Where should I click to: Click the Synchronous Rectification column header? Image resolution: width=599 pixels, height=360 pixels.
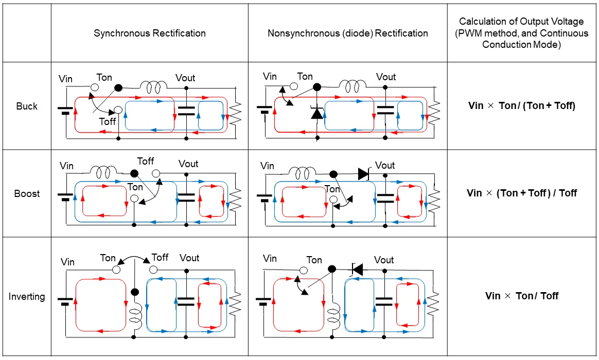pyautogui.click(x=150, y=33)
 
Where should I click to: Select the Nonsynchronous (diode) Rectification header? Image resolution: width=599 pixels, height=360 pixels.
pyautogui.click(x=347, y=33)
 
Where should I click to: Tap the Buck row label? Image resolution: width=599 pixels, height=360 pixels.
pyautogui.click(x=27, y=106)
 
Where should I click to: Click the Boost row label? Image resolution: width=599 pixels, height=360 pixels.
pyautogui.click(x=27, y=194)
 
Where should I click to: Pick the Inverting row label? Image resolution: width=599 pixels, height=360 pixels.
pyautogui.click(x=27, y=297)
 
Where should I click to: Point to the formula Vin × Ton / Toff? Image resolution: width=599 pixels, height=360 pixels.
pyautogui.click(x=521, y=296)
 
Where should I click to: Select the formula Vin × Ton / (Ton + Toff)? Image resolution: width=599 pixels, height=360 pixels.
pyautogui.click(x=521, y=106)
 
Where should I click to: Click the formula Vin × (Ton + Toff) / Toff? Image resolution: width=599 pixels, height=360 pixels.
pyautogui.click(x=521, y=193)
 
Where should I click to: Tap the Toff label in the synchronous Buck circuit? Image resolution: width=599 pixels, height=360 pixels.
pyautogui.click(x=108, y=122)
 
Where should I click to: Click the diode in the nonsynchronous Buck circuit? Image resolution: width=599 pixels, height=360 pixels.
pyautogui.click(x=316, y=112)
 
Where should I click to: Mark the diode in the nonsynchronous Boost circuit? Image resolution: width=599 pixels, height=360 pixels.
pyautogui.click(x=363, y=174)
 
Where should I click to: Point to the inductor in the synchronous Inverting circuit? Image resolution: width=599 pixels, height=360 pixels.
pyautogui.click(x=135, y=315)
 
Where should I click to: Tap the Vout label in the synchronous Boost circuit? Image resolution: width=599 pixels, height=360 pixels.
pyautogui.click(x=188, y=164)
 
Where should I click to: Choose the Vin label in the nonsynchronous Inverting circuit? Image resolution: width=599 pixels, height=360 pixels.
pyautogui.click(x=270, y=258)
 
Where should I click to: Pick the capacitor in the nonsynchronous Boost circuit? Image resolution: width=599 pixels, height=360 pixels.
pyautogui.click(x=384, y=197)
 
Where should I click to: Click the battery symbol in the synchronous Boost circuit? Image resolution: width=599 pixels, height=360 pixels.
pyautogui.click(x=65, y=197)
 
